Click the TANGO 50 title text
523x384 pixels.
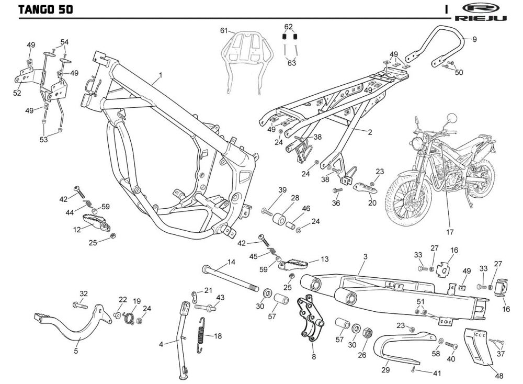pyautogui.click(x=46, y=9)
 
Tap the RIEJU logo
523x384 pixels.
pyautogui.click(x=480, y=13)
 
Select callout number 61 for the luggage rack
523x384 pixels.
pyautogui.click(x=224, y=31)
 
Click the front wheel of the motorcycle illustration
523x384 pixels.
pyautogui.click(x=406, y=198)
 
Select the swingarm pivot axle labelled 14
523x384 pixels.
pyautogui.click(x=231, y=278)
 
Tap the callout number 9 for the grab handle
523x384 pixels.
pyautogui.click(x=475, y=39)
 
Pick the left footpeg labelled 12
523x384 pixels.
pyautogui.click(x=96, y=222)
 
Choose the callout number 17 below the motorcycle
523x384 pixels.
pyautogui.click(x=450, y=232)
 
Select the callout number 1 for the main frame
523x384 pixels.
pyautogui.click(x=161, y=75)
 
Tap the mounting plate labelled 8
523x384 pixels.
pyautogui.click(x=311, y=318)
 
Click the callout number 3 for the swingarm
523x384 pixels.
pyautogui.click(x=366, y=256)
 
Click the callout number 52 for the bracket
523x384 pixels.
pyautogui.click(x=17, y=93)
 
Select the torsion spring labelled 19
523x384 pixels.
pyautogui.click(x=129, y=317)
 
